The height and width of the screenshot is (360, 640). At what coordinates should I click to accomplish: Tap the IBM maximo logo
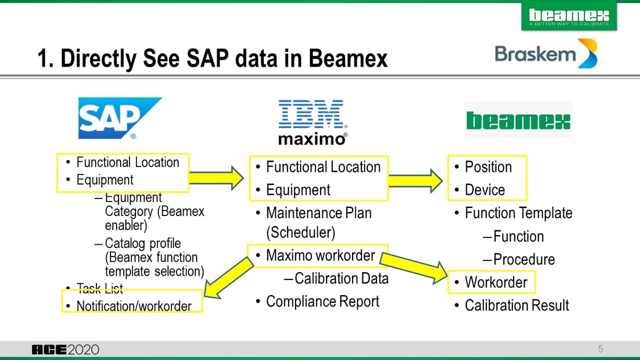pos(313,122)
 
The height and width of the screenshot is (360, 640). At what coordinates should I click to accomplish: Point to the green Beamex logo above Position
pos(518,120)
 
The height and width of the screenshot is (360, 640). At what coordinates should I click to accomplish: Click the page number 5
pos(601,349)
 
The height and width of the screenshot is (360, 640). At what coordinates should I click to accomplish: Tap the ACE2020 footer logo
pos(65,350)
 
